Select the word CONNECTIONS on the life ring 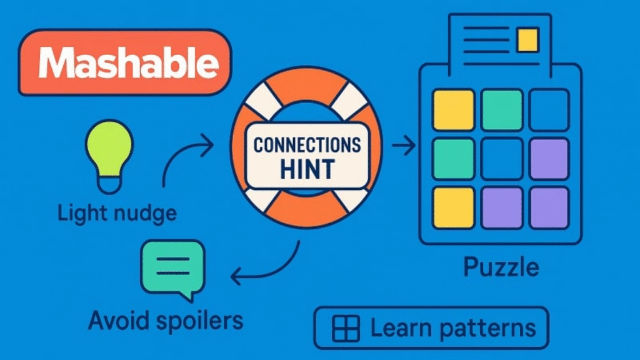pos(307,145)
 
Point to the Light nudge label pos(117,213)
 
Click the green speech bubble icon pos(172,267)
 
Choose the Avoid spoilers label pos(165,320)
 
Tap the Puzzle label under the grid pos(501,267)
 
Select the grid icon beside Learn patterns pos(346,328)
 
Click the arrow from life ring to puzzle pos(404,147)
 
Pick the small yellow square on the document pos(528,39)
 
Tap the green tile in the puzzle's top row pos(502,110)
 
